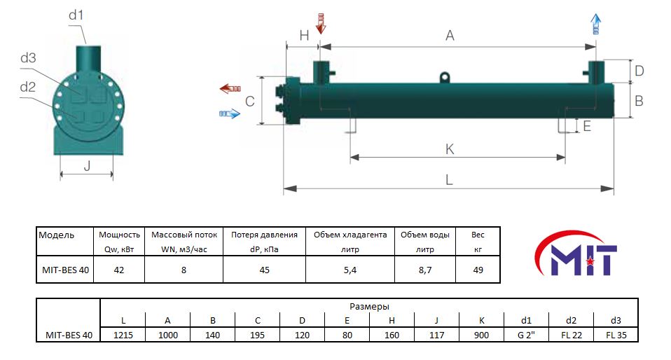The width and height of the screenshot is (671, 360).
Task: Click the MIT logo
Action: pos(576,253)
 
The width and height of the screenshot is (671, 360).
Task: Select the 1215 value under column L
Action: pos(123,335)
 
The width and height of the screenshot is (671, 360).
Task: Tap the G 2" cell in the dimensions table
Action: pos(526,335)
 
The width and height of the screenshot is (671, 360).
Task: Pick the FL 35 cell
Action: pos(616,335)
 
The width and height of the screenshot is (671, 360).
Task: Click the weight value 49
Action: pos(478,270)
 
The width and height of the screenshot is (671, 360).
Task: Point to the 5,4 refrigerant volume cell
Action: pos(350,270)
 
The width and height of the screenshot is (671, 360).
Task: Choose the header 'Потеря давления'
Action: pos(264,235)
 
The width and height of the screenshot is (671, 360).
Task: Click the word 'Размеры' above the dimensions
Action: pos(369,307)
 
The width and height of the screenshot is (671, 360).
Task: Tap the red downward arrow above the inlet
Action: pos(321,23)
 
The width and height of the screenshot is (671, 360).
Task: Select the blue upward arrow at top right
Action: pos(595,24)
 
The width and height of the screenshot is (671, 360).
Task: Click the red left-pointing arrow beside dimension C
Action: pos(230,89)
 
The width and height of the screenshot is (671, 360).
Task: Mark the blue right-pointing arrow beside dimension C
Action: pos(230,114)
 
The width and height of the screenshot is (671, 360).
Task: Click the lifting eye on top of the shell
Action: pos(445,78)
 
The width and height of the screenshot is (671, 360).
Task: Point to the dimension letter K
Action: pos(450,149)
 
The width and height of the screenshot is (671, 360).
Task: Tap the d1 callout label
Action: pos(76,15)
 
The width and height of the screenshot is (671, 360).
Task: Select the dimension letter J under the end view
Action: pos(87,165)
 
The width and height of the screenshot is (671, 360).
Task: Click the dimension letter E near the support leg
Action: pos(587,126)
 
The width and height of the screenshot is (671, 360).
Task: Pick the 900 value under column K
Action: pos(481,335)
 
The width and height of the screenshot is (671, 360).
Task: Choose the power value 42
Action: pos(119,270)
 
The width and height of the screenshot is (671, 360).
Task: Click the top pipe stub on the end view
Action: pos(88,60)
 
